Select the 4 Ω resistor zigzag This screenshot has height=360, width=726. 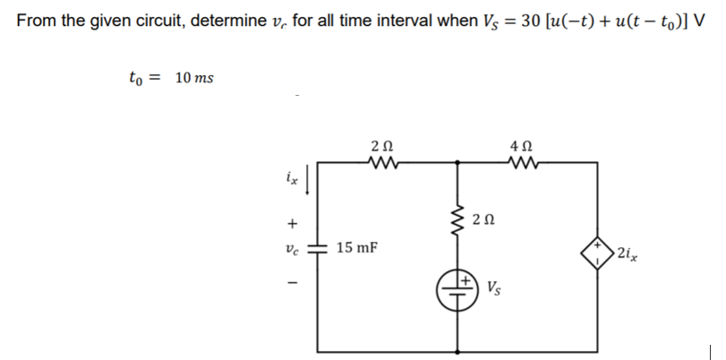pyautogui.click(x=518, y=163)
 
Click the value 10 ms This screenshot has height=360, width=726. pyautogui.click(x=193, y=79)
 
